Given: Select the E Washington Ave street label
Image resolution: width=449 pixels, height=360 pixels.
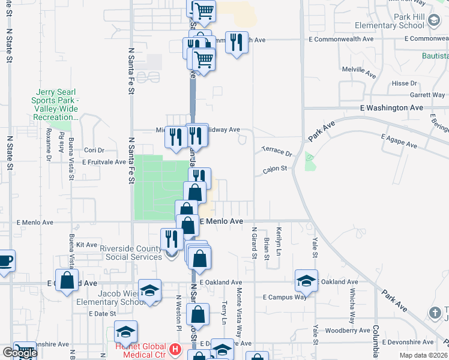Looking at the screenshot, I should point(391,108).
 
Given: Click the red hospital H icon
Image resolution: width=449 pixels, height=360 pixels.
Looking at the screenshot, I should point(175,349).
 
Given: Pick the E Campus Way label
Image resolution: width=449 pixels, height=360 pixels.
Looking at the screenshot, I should point(285,298).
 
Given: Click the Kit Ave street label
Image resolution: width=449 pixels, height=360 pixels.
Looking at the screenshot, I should point(88,245).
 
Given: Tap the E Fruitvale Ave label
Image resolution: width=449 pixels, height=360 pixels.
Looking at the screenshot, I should point(103,162).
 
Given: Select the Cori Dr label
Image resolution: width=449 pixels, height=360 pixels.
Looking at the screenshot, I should point(94,150).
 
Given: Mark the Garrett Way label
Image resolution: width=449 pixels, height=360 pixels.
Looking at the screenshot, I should point(427,95).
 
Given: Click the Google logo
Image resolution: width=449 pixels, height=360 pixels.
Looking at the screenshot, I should point(19,353).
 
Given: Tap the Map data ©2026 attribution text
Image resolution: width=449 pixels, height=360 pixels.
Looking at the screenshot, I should point(423,355).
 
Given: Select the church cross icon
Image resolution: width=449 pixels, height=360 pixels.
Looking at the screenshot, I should point(436,313).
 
